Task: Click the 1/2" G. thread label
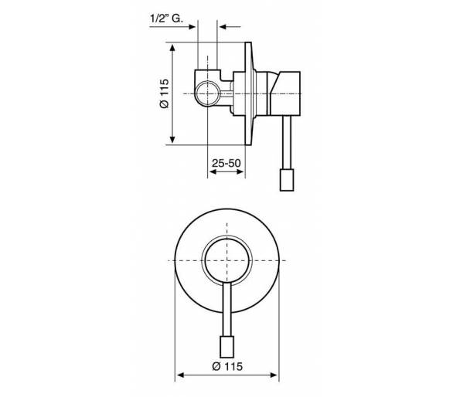point(166,19)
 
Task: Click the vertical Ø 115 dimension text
point(164,93)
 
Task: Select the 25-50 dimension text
point(226,163)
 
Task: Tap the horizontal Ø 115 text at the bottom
point(227,366)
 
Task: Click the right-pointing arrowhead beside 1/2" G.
point(192,27)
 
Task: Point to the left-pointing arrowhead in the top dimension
point(223,27)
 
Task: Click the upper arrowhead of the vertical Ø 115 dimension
point(172,48)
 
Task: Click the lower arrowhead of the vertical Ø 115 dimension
point(172,139)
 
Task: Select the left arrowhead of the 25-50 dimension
point(213,171)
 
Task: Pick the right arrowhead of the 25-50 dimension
point(240,171)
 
